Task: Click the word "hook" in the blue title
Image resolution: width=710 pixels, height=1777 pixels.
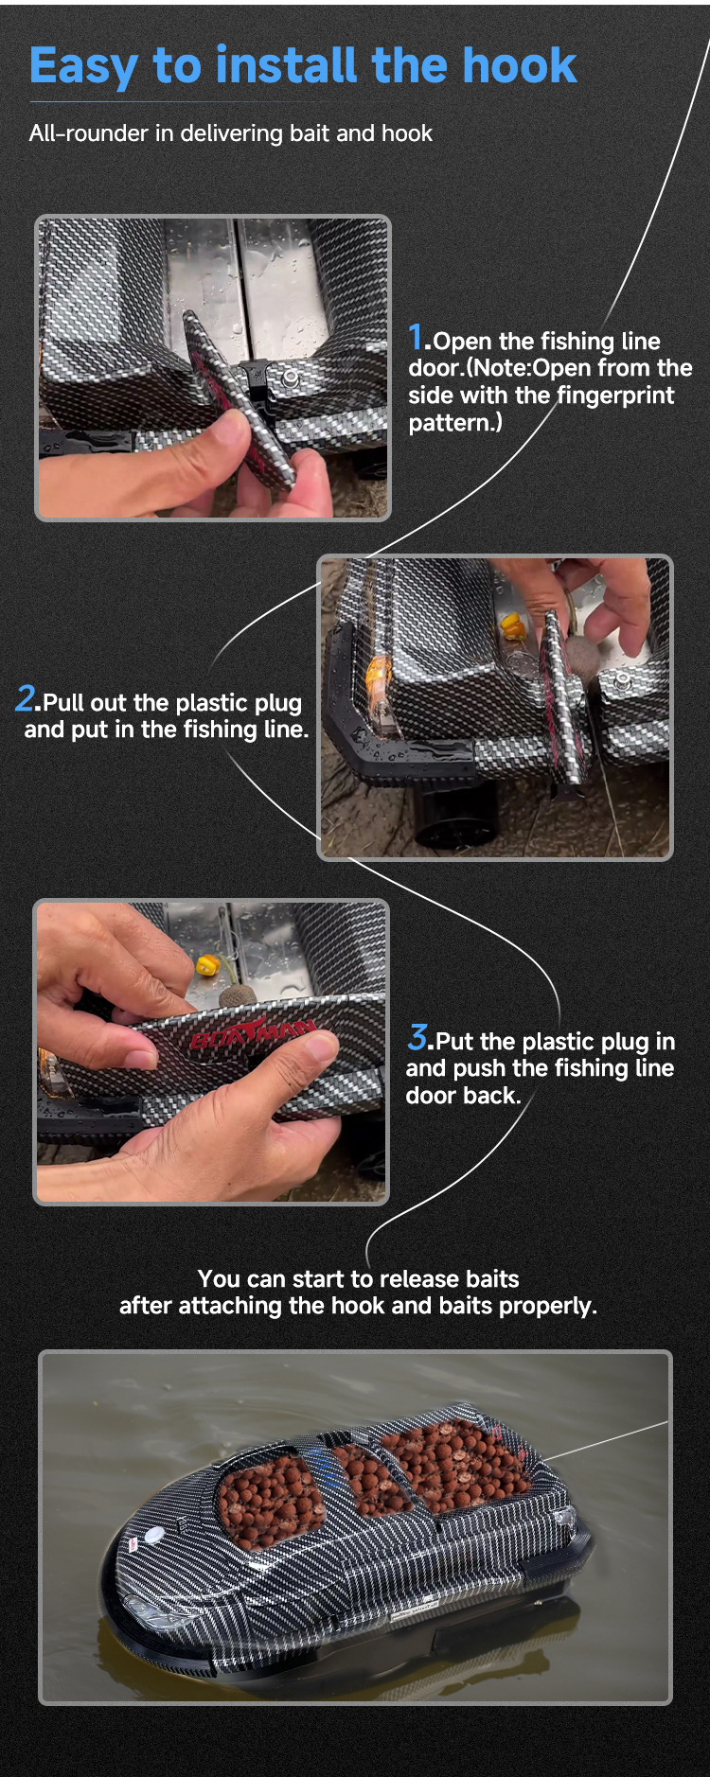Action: point(520,65)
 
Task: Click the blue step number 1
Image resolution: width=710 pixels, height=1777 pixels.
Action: point(416,337)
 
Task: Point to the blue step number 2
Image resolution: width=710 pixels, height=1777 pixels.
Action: point(26,698)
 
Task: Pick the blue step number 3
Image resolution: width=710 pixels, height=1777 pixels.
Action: point(417,1037)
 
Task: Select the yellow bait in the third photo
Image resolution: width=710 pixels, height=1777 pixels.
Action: point(207,966)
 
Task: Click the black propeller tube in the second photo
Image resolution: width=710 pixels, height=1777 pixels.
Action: point(455,814)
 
